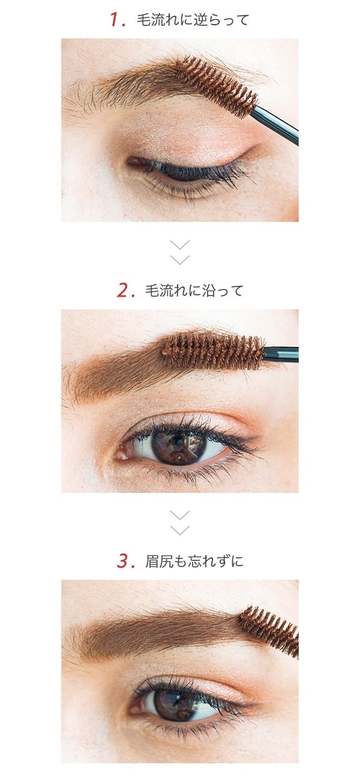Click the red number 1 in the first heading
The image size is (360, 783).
pos(115,20)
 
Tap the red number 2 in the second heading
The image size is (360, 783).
pos(123,291)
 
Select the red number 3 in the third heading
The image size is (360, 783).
pos(123,561)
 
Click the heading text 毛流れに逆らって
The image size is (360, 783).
pos(193,20)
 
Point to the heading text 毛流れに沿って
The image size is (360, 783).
pos(194,291)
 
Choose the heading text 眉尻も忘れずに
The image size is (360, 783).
pos(194,562)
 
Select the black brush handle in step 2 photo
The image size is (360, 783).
pos(281,354)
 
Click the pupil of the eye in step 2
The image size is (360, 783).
pos(178,447)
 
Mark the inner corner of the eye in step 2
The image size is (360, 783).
pos(120,454)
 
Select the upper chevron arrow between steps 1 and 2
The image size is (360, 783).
pos(179,244)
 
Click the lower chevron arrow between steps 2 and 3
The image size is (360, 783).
pos(179,530)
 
